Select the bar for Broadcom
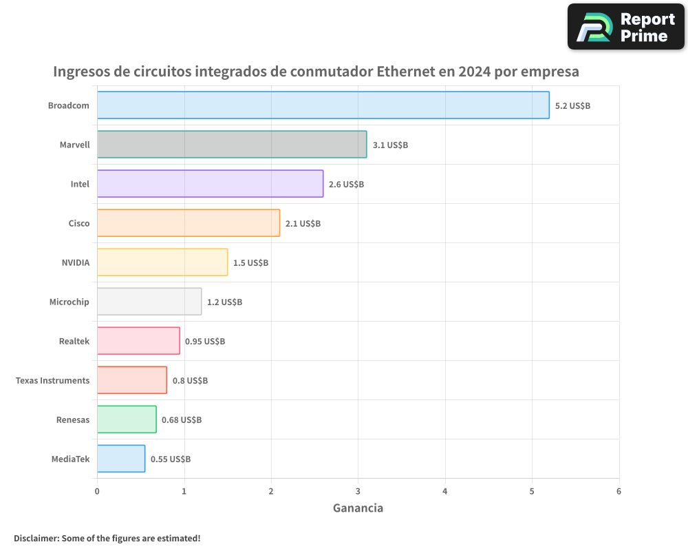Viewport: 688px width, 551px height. click(x=323, y=105)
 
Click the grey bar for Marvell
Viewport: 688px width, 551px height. click(x=231, y=145)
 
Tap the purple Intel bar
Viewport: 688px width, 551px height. click(x=210, y=184)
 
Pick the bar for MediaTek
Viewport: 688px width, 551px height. click(x=121, y=459)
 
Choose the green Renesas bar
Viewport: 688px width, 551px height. click(x=127, y=419)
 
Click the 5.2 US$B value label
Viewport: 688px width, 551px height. click(x=572, y=106)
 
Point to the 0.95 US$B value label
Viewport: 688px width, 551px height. click(x=205, y=342)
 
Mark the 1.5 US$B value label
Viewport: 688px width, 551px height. click(x=250, y=263)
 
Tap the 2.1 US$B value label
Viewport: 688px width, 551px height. click(x=303, y=224)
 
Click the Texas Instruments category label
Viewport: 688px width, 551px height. click(x=52, y=380)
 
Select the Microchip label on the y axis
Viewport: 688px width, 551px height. click(x=69, y=302)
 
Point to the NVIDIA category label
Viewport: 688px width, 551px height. click(x=75, y=262)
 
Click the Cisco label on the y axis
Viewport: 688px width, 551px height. click(x=78, y=223)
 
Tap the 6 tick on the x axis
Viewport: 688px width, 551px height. click(x=619, y=491)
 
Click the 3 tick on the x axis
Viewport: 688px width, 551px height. click(x=358, y=491)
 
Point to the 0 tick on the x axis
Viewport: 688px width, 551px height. click(x=97, y=491)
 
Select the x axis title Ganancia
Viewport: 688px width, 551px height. click(x=358, y=508)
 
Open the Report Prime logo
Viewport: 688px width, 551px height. click(x=625, y=27)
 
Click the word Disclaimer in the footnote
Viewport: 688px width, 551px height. click(x=36, y=538)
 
